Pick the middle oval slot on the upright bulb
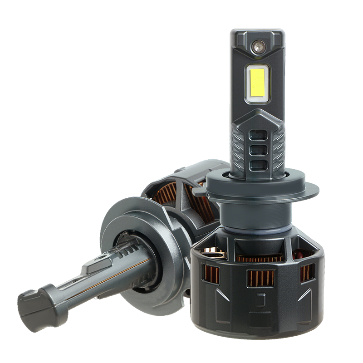click(258, 150)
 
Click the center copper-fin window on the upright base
click(260, 277)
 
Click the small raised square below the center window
click(260, 300)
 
